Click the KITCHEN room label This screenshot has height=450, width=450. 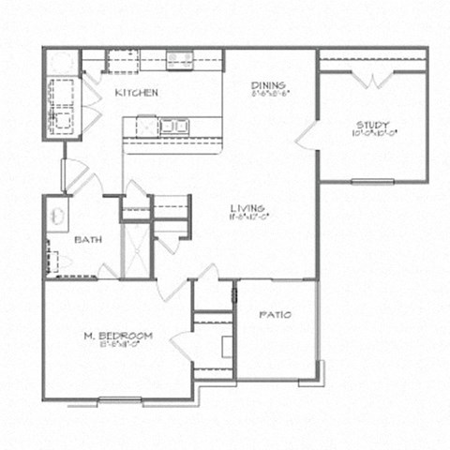click(136, 93)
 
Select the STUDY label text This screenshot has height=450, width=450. click(372, 125)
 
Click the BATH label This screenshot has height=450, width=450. click(87, 239)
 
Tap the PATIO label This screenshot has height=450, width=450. click(274, 314)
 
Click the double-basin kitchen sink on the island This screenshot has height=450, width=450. click(173, 125)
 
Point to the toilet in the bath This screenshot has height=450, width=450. click(56, 263)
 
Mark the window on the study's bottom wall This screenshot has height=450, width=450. click(372, 178)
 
